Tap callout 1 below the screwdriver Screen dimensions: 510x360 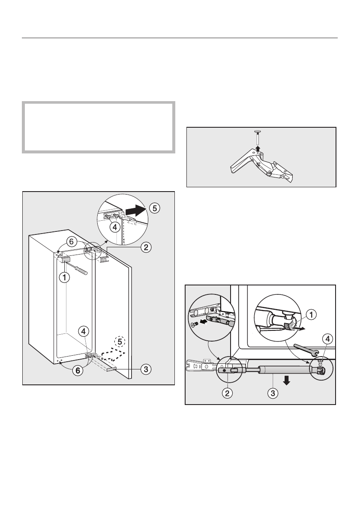[64, 278]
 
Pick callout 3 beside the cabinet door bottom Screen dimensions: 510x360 [146, 368]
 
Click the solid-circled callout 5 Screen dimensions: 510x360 [155, 208]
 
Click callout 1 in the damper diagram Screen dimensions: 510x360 [311, 314]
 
